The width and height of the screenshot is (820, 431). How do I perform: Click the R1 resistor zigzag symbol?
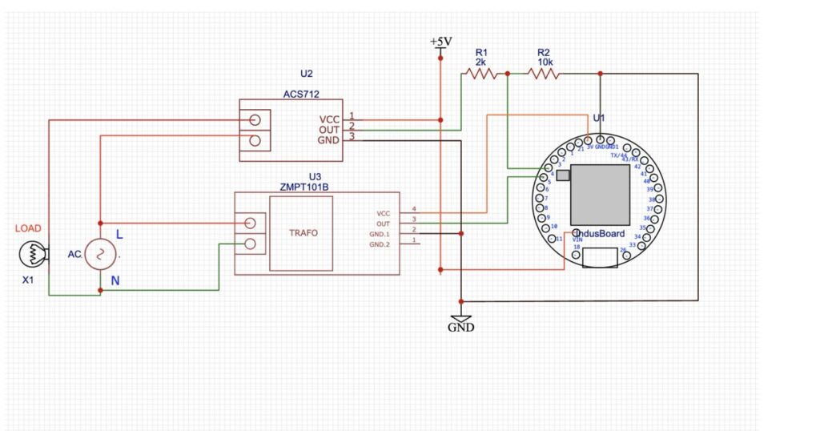pyautogui.click(x=481, y=74)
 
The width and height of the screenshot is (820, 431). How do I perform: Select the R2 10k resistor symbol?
pyautogui.click(x=545, y=74)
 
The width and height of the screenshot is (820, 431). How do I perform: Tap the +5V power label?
pyautogui.click(x=440, y=42)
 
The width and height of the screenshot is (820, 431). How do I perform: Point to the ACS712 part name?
pyautogui.click(x=301, y=94)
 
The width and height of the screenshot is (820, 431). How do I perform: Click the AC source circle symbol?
pyautogui.click(x=101, y=254)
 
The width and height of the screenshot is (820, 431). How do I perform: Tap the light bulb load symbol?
pyautogui.click(x=32, y=254)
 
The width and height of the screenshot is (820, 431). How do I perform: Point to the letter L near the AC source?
pyautogui.click(x=119, y=235)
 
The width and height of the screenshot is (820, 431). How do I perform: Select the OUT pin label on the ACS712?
pyautogui.click(x=329, y=129)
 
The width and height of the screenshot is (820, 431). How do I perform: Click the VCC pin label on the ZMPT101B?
pyautogui.click(x=383, y=214)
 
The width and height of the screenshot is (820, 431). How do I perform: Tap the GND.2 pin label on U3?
pyautogui.click(x=380, y=244)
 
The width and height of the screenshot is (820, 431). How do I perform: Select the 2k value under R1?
pyautogui.click(x=480, y=62)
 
